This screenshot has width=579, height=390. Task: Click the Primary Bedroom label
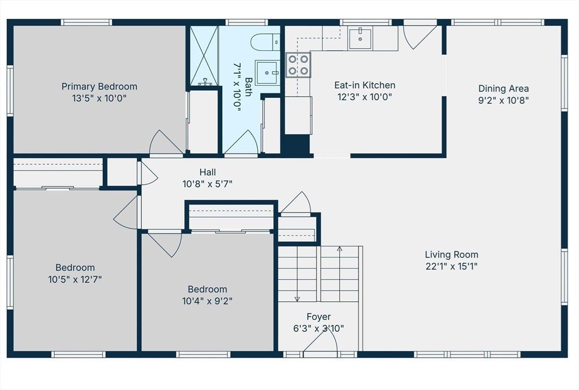point(100,86)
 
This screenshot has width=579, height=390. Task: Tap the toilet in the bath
point(265,42)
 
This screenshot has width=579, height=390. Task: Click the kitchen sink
point(360,38)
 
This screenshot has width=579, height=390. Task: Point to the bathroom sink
point(267,73)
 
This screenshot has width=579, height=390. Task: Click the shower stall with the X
point(204,56)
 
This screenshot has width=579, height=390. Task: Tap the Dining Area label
point(503,89)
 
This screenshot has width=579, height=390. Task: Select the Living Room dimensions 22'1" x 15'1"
point(451,266)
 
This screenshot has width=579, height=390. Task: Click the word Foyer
point(319,317)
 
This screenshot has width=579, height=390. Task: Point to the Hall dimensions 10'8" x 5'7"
point(208,183)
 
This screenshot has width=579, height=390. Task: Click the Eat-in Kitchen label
point(365,85)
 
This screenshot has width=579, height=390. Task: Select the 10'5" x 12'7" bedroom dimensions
point(75,279)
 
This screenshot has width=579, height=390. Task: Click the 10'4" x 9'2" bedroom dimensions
point(207,301)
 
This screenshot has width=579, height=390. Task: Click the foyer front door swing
point(321,342)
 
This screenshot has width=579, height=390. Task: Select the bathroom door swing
point(241,142)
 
